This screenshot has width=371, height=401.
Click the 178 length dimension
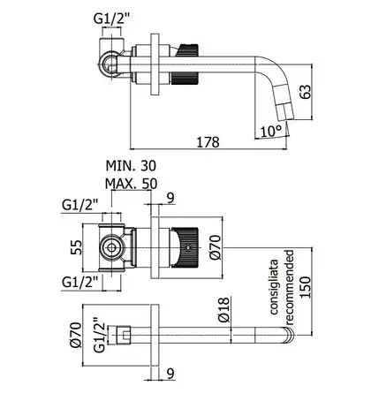pos(208,142)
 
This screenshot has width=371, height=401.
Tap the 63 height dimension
pos(305,92)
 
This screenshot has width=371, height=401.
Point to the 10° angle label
pos(271,131)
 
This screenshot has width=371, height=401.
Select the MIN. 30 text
pos(131,166)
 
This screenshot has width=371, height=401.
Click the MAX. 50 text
pos(131,184)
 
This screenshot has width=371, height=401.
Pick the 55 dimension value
pos(76,247)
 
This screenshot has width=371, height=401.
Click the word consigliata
pos(274,287)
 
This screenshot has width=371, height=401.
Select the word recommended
pos(290,287)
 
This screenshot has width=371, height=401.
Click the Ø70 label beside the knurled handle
pos(216,247)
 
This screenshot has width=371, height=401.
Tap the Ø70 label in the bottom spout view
pos(76,335)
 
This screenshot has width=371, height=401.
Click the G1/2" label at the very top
pos(111,19)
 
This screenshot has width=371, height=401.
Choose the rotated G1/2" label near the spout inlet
pos(100,335)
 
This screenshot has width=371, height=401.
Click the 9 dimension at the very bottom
pos(170,374)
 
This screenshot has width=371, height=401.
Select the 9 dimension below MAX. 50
pos(170,198)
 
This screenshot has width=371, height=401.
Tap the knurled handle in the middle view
pos(185,247)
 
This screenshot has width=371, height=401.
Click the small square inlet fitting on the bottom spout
pos(124,335)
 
